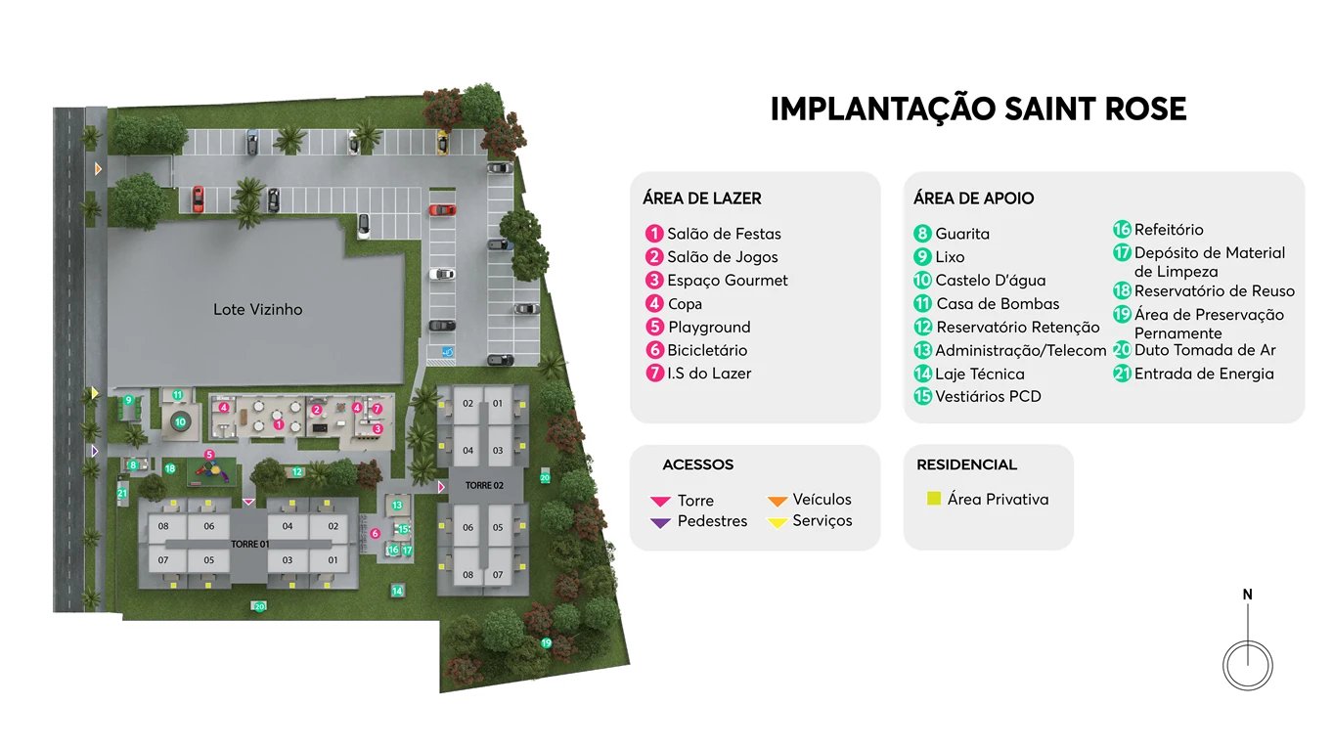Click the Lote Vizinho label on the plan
coord(258,310)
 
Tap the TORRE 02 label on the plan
coord(484,486)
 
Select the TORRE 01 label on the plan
coord(249,544)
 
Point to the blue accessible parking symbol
coord(448,351)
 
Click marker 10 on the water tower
coord(180,422)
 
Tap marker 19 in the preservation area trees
coord(547,642)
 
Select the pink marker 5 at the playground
coord(208,455)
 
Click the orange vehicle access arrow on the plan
coord(98,170)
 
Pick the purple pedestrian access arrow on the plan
coord(95,451)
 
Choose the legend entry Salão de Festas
coord(724,234)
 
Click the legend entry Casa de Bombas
coord(998,304)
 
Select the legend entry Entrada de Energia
coord(1204,374)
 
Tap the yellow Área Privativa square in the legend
coord(934,499)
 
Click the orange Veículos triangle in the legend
coord(778,501)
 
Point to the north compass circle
coord(1248,665)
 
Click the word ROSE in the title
coord(1140,109)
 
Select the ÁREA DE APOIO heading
coord(973,199)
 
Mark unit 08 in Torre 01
coord(163,526)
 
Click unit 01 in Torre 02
coord(498,404)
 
